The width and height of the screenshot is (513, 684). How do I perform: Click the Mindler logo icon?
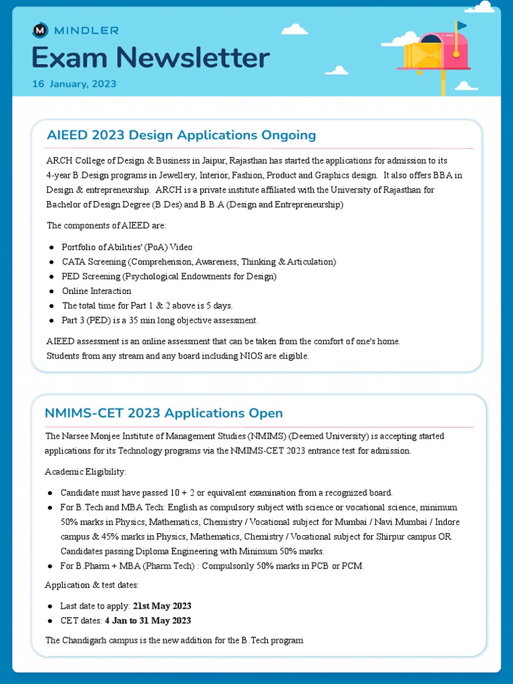tap(40, 30)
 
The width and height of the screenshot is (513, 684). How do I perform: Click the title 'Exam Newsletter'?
tap(150, 58)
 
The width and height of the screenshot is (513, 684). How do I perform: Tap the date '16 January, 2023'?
tap(74, 84)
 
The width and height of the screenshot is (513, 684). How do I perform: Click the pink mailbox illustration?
tap(434, 53)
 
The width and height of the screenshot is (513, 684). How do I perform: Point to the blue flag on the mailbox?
tap(462, 25)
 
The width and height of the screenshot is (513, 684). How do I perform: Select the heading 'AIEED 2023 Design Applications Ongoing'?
tap(181, 135)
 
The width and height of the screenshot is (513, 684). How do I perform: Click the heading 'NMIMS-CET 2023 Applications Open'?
tap(164, 413)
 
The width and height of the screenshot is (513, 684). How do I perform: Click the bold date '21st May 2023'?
tap(162, 606)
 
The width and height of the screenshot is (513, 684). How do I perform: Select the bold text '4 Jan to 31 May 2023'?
tap(148, 621)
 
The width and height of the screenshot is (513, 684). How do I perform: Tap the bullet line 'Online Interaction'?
tap(97, 291)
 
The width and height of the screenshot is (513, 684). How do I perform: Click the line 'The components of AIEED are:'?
tap(106, 225)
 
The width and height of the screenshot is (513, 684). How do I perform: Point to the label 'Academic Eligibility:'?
tap(85, 472)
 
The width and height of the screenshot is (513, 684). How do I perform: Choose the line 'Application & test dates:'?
tap(92, 585)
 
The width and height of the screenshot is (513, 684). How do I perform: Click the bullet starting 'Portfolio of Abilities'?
tap(127, 247)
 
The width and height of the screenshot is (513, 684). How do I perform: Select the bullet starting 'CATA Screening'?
tap(198, 262)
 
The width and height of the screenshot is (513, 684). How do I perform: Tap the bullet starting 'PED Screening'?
tap(169, 276)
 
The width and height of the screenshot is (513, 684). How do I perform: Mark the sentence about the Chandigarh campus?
tap(174, 640)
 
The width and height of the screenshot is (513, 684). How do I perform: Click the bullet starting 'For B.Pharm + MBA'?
tap(212, 566)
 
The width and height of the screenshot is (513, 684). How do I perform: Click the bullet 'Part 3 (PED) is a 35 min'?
tap(160, 320)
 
